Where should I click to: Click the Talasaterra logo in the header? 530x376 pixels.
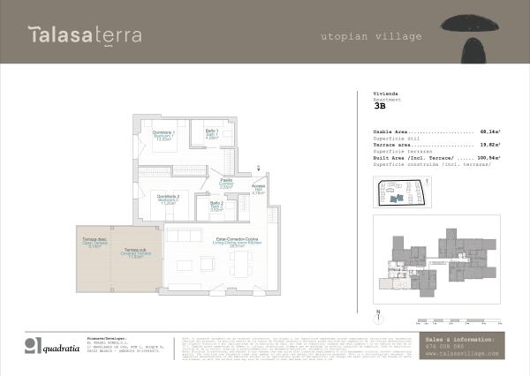[x=74, y=35]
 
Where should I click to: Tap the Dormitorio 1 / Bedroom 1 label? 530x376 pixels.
[x=163, y=137]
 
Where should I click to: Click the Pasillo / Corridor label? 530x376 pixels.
[x=226, y=184]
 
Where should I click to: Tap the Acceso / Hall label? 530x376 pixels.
[x=258, y=189]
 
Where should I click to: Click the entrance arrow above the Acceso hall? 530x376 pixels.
[x=257, y=169]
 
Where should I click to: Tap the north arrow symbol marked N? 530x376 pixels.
[x=377, y=314]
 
